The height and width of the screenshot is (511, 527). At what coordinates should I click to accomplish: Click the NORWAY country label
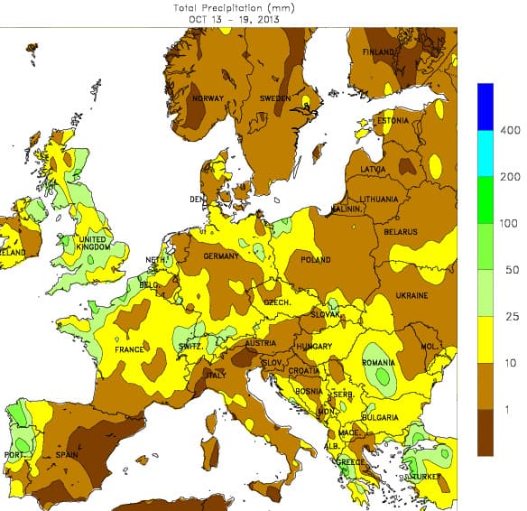pyautogui.click(x=207, y=98)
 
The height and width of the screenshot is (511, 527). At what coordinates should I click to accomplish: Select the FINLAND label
pyautogui.click(x=379, y=52)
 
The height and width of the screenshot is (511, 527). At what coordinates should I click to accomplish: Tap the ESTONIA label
pyautogui.click(x=393, y=120)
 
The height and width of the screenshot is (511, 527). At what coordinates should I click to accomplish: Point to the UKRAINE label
pyautogui.click(x=411, y=295)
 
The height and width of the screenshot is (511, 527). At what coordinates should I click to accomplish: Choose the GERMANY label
pyautogui.click(x=221, y=256)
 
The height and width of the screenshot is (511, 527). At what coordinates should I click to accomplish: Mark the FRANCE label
pyautogui.click(x=130, y=349)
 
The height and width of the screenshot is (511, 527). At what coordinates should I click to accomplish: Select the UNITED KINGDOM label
pyautogui.click(x=93, y=244)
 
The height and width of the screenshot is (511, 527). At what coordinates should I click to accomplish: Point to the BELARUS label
pyautogui.click(x=401, y=232)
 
